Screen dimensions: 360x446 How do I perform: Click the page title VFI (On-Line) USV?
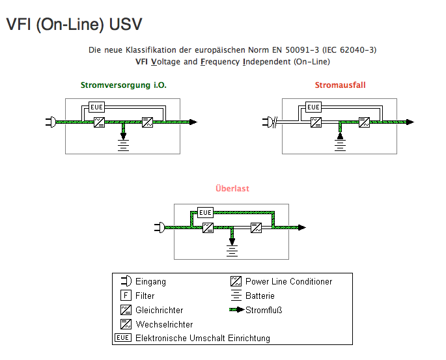74,25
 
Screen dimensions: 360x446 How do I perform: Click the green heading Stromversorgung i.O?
119,85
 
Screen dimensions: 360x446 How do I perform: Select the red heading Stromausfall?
341,85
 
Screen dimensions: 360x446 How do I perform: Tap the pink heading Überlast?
232,189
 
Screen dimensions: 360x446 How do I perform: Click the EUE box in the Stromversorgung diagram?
97,107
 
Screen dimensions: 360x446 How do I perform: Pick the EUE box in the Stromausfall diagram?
314,107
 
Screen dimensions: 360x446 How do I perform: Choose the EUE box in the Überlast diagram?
206,212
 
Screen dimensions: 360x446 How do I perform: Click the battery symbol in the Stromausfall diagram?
340,142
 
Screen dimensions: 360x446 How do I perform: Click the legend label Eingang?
150,282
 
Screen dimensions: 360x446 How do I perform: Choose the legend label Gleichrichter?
160,310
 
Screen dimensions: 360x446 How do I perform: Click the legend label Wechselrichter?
164,324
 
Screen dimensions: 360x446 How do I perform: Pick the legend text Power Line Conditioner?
288,282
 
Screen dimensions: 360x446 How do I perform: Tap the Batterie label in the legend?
260,296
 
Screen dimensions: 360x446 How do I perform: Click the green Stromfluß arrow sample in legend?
236,310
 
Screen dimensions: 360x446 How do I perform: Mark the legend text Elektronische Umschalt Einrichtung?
202,338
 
